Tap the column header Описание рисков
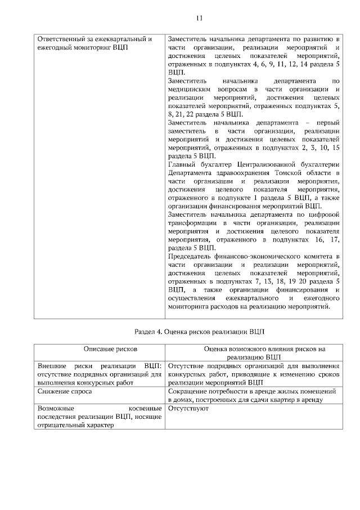point(99,350)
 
